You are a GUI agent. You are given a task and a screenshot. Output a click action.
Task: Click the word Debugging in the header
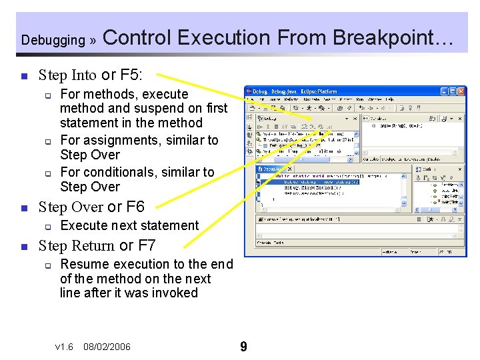[x=53, y=40]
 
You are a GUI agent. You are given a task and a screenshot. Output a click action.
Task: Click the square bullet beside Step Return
[x=23, y=246]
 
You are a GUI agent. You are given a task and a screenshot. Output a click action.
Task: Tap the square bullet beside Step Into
[x=23, y=75]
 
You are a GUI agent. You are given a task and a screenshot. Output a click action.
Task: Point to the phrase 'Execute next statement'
[x=129, y=225]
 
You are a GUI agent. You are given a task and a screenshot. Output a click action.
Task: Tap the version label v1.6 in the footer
[x=64, y=347]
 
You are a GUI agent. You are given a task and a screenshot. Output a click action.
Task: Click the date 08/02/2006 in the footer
[x=107, y=347]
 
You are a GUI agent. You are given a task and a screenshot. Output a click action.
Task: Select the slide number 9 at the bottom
[x=243, y=347]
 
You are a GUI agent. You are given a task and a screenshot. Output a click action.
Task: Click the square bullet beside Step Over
[x=23, y=207]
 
